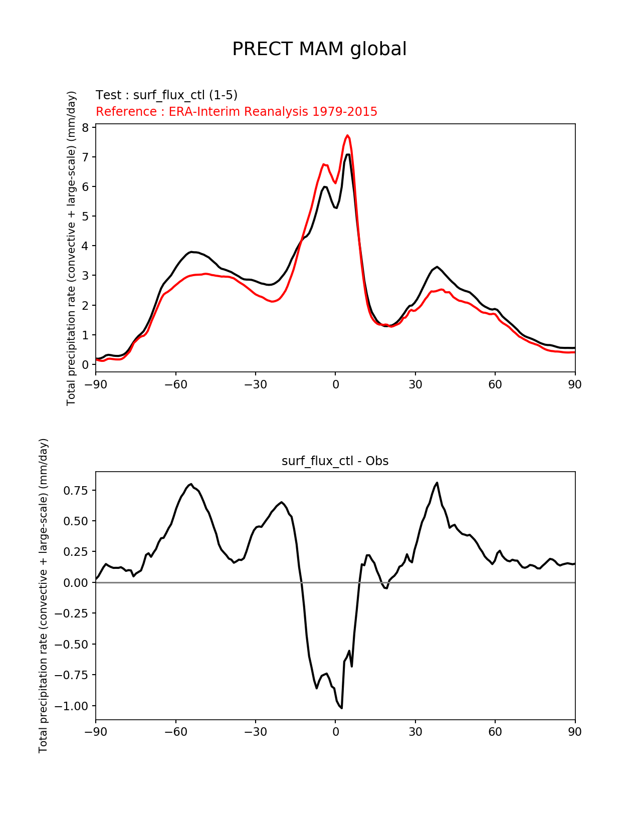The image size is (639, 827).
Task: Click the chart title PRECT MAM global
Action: tap(319, 49)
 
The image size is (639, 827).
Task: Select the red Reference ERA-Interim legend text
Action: tap(237, 111)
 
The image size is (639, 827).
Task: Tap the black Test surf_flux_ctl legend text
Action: tap(166, 95)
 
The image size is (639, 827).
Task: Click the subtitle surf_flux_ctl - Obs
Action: tap(335, 461)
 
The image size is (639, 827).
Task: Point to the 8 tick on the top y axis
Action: tap(86, 127)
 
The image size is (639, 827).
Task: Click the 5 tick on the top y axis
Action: tap(86, 216)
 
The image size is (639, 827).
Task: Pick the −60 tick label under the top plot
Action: tap(175, 384)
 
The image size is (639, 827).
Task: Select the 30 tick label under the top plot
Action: tap(415, 384)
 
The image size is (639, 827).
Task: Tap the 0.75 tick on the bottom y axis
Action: tap(75, 490)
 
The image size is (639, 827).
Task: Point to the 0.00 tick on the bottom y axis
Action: tap(75, 582)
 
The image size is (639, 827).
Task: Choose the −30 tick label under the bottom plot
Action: tap(255, 732)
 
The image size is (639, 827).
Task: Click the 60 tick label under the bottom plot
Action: tap(495, 732)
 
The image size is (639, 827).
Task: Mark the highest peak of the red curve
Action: tap(347, 135)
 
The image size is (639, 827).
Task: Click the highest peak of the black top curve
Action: tap(348, 154)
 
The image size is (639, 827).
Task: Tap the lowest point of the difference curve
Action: tap(341, 708)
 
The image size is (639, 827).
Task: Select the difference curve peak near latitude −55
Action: tap(191, 484)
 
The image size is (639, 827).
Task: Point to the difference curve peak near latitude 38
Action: tap(437, 483)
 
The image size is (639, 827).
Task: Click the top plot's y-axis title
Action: tap(71, 248)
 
